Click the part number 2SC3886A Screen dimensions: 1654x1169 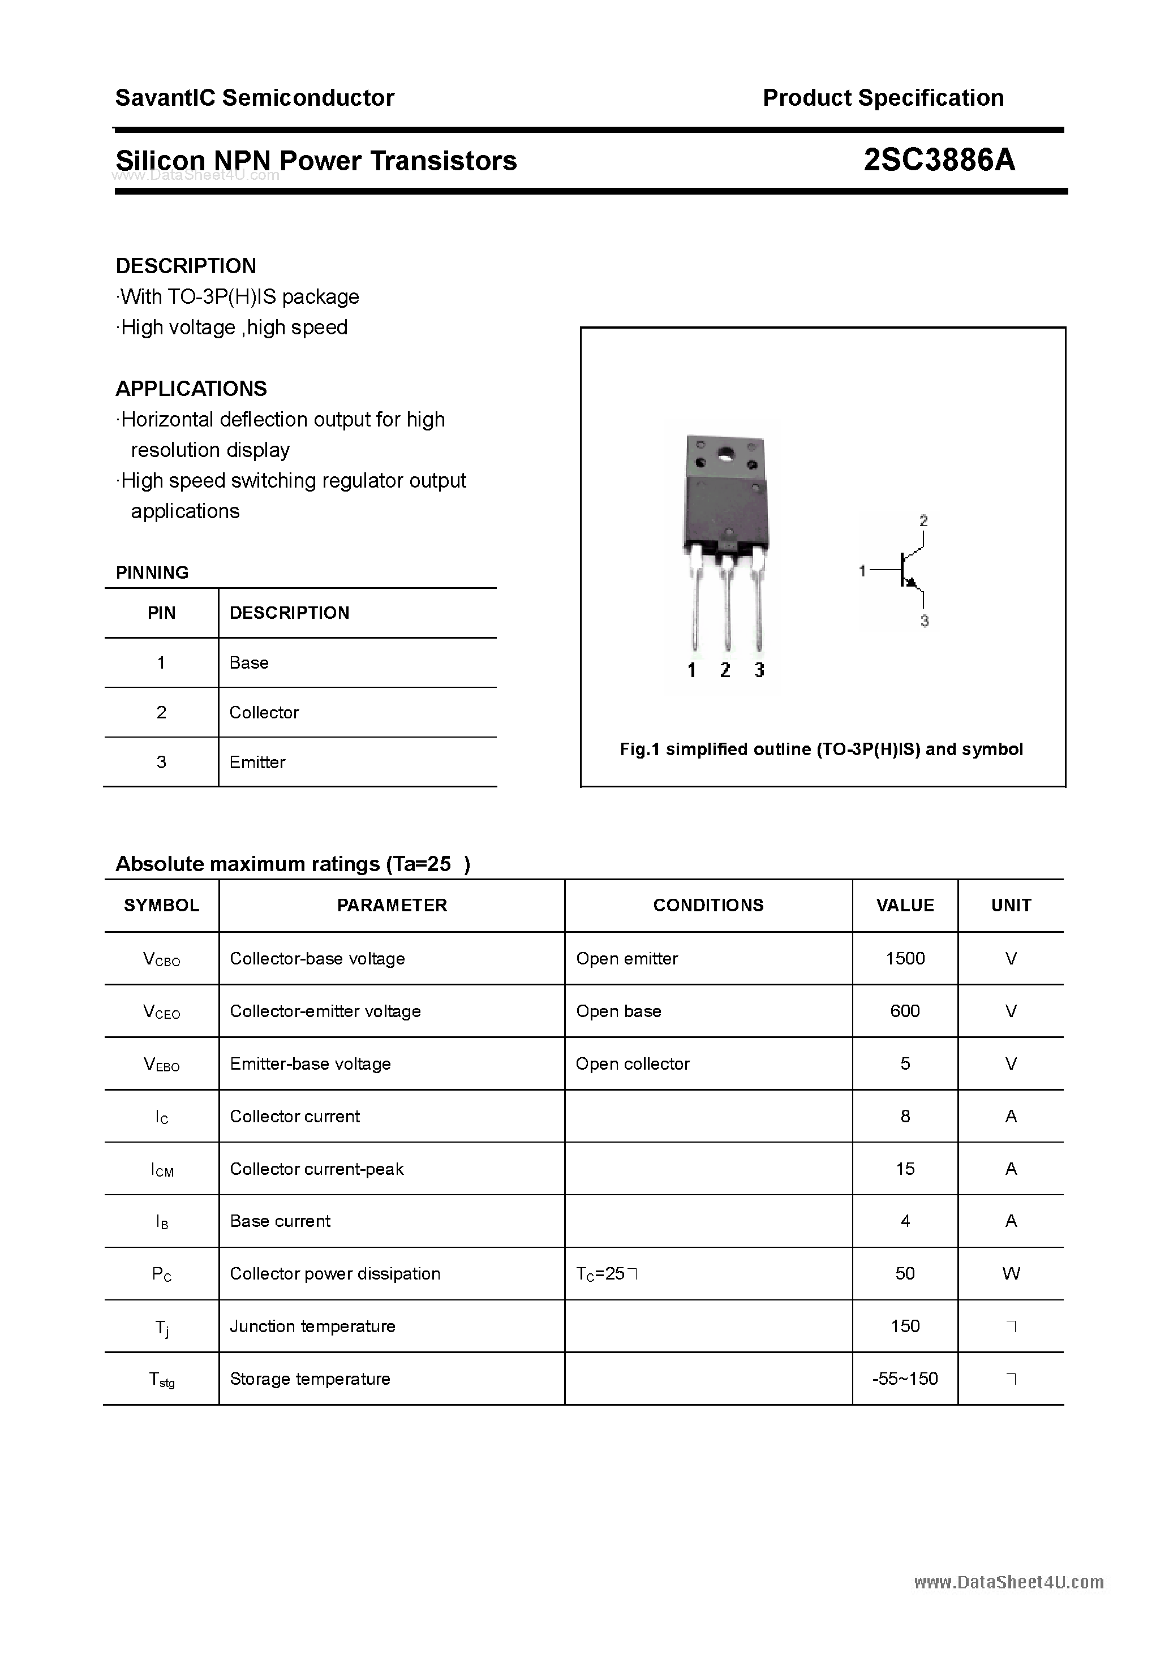coord(939,160)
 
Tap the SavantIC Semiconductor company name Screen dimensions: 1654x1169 coord(255,97)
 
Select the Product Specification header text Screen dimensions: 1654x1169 coord(883,97)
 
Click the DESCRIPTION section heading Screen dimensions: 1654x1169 coord(186,266)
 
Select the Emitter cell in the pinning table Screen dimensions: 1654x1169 coord(257,761)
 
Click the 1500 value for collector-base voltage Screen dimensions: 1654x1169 coord(905,958)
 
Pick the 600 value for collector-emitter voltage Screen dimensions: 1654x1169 coord(905,1011)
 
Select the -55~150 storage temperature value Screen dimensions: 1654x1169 coord(905,1378)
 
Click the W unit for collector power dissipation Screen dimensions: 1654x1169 coord(1011,1273)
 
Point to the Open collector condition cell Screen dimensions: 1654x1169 coord(632,1063)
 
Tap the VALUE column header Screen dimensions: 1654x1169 coord(905,905)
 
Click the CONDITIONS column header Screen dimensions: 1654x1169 coord(708,905)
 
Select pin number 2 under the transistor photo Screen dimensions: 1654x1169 coord(725,670)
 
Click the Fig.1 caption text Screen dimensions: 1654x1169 coord(821,749)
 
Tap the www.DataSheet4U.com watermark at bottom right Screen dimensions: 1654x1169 coord(1008,1582)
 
